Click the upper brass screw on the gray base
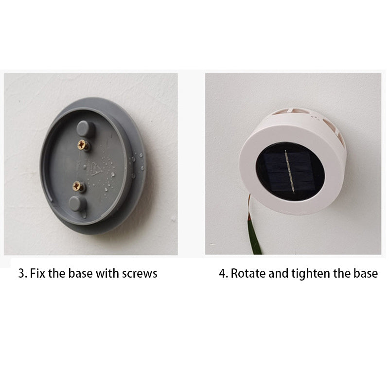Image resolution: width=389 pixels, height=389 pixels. coord(82,144)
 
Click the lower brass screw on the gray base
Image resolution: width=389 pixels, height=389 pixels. coord(77,186)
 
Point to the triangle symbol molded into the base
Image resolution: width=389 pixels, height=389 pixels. coord(95,169)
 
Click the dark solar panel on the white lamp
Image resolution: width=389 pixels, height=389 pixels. coord(290,172)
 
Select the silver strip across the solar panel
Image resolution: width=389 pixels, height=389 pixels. coord(290,172)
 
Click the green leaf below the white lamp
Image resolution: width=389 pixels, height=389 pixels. coord(253,230)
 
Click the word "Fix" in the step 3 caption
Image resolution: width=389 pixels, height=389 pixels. coord(38,273)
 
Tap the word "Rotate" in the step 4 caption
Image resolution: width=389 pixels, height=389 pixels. coord(248,273)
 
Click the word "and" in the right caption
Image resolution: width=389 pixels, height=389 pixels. coord(278,273)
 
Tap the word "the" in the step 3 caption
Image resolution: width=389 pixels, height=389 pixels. coord(57,273)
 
